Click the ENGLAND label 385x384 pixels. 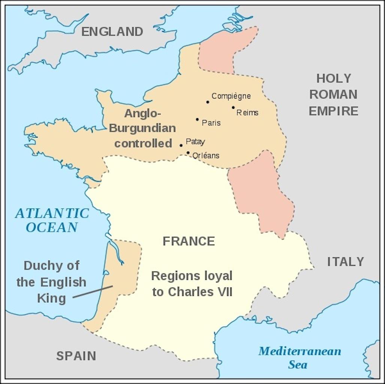click(x=112, y=31)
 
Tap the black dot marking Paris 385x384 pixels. click(x=197, y=119)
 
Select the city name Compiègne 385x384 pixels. click(x=231, y=96)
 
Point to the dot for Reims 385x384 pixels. click(x=233, y=107)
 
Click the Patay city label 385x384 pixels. click(x=195, y=141)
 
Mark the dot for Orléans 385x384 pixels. click(x=188, y=153)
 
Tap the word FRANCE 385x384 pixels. click(x=189, y=241)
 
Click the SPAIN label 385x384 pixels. click(x=76, y=355)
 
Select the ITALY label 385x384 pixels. click(x=345, y=261)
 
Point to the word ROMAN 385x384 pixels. click(x=333, y=94)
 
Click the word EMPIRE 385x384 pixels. click(x=333, y=111)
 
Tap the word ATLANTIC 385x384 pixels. click(x=52, y=213)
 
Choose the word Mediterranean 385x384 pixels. click(x=300, y=351)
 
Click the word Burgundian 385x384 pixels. click(x=142, y=128)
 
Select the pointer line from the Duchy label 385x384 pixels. click(x=93, y=292)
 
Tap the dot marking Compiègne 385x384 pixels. click(x=207, y=102)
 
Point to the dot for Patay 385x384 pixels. click(x=181, y=145)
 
